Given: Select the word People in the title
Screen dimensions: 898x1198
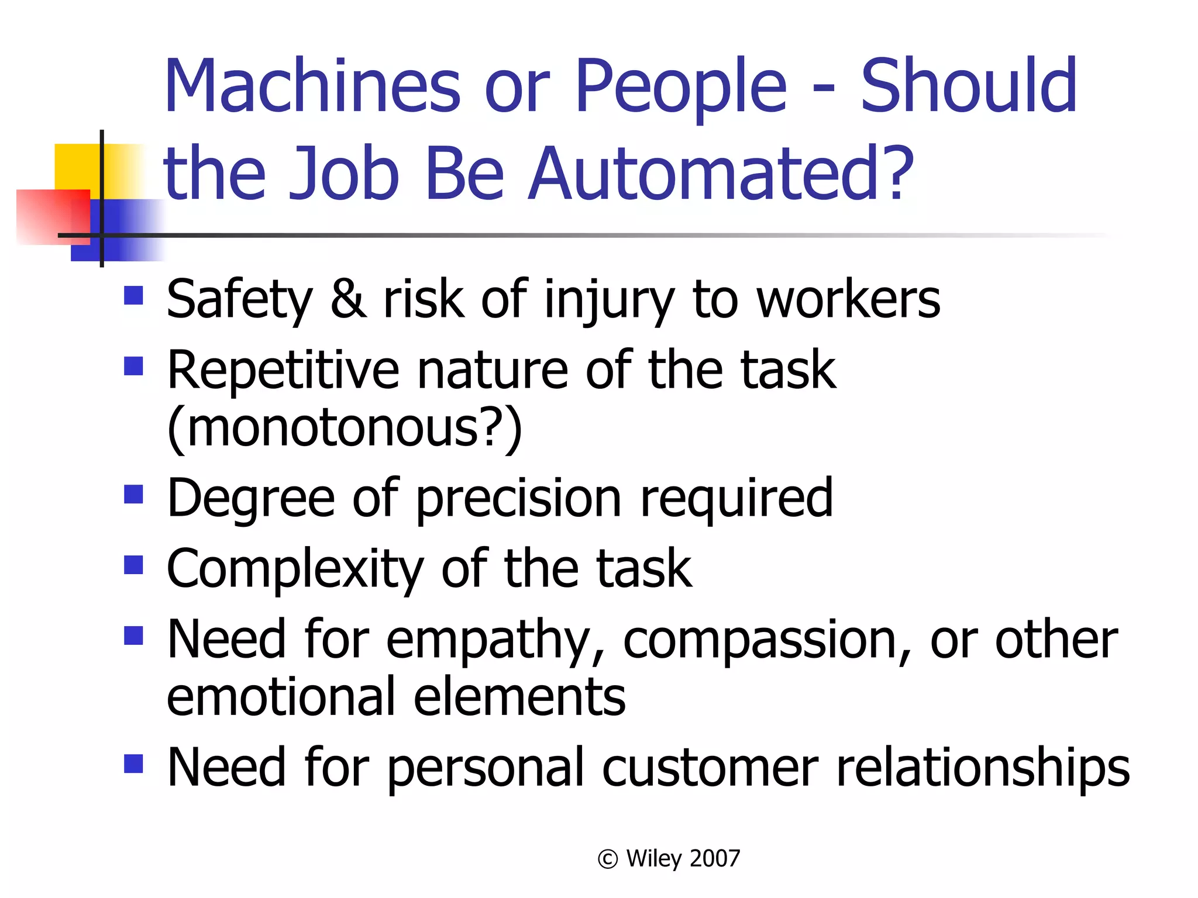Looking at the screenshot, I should click(x=681, y=88).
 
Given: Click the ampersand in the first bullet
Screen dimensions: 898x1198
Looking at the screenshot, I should click(x=349, y=299).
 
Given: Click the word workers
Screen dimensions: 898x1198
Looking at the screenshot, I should click(x=848, y=299).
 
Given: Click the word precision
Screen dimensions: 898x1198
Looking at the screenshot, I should click(x=518, y=499).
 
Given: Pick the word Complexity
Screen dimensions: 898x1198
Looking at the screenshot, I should click(x=295, y=569).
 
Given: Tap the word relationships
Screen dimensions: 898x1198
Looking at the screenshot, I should click(x=983, y=768).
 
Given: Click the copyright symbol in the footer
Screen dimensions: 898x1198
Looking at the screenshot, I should click(x=608, y=859).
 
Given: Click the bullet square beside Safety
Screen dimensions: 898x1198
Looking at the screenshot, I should click(x=134, y=296).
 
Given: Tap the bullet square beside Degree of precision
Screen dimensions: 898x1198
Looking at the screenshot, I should click(x=134, y=495).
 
